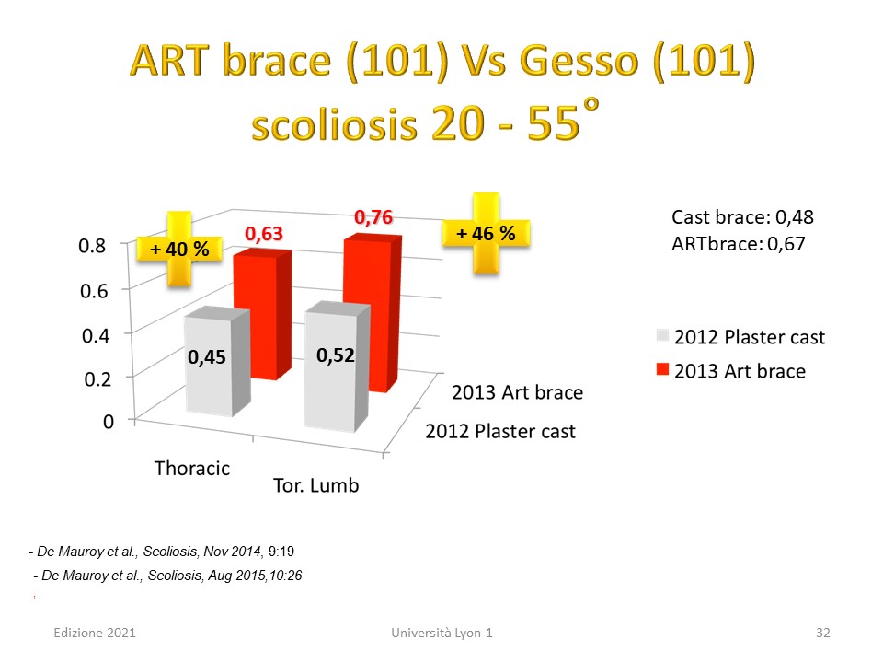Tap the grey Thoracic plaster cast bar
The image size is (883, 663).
click(217, 361)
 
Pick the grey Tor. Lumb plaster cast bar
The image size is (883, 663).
click(338, 367)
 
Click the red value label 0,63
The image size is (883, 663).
click(264, 233)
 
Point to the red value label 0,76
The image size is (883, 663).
click(373, 217)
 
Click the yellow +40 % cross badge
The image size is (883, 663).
click(179, 249)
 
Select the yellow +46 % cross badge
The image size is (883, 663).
click(486, 233)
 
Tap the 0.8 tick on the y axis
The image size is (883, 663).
click(92, 246)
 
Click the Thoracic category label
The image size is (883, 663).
click(192, 469)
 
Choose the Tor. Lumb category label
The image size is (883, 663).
click(315, 485)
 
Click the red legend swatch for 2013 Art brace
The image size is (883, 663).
click(662, 369)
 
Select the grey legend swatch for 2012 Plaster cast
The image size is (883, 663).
click(662, 335)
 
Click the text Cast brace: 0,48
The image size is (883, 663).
click(742, 217)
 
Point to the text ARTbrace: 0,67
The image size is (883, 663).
click(739, 244)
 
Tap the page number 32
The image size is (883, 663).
click(822, 633)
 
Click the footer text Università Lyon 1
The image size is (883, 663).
click(441, 633)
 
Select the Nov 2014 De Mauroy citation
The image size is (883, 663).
click(162, 552)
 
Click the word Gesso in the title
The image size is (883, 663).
click(579, 61)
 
